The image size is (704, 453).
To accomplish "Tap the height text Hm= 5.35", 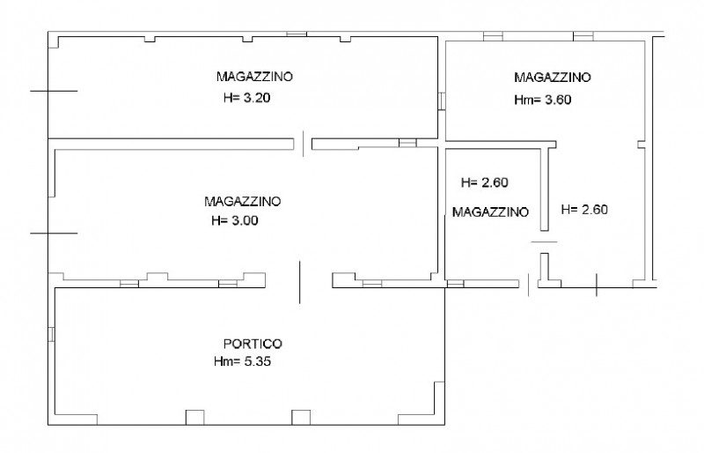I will pyautogui.click(x=242, y=361).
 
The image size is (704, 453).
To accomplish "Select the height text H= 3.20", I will pyautogui.click(x=246, y=99).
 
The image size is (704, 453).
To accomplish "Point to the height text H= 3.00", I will pyautogui.click(x=235, y=221).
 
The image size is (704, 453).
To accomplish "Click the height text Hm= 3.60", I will pyautogui.click(x=543, y=100).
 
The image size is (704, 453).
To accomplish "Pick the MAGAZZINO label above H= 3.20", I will pyautogui.click(x=255, y=76).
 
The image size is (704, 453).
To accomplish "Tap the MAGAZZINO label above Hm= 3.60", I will pyautogui.click(x=554, y=77).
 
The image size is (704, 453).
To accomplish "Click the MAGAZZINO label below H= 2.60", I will pyautogui.click(x=490, y=212).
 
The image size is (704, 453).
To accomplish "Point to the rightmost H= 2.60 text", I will pyautogui.click(x=585, y=210).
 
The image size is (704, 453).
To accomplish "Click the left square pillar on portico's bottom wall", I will pyautogui.click(x=194, y=418).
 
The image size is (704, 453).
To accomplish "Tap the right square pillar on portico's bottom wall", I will pyautogui.click(x=302, y=418).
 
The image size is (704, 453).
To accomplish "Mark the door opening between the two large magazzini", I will pyautogui.click(x=304, y=141).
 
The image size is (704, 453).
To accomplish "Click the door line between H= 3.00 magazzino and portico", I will pyautogui.click(x=300, y=279).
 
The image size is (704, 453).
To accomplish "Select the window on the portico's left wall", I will pyautogui.click(x=52, y=337).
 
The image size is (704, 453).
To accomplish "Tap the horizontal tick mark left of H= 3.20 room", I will pyautogui.click(x=54, y=91).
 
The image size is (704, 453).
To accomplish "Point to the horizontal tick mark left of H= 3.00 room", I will pyautogui.click(x=54, y=233).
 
